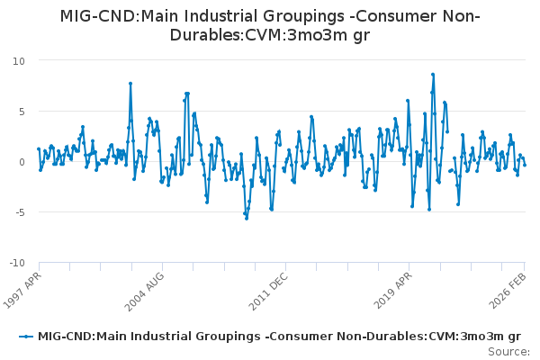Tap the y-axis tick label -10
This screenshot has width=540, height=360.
16,263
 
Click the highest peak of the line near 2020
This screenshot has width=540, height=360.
433,75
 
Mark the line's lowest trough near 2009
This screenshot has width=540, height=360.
247,218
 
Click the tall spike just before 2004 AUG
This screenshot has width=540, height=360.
130,84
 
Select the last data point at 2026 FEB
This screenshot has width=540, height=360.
525,165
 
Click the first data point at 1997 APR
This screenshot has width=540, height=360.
39,149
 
